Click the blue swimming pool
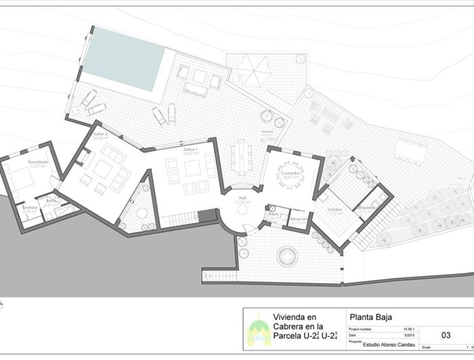coord(123,60)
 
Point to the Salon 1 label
coord(190,148)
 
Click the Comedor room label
coord(291,173)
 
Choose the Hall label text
coord(242,198)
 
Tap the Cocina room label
coord(335,210)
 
